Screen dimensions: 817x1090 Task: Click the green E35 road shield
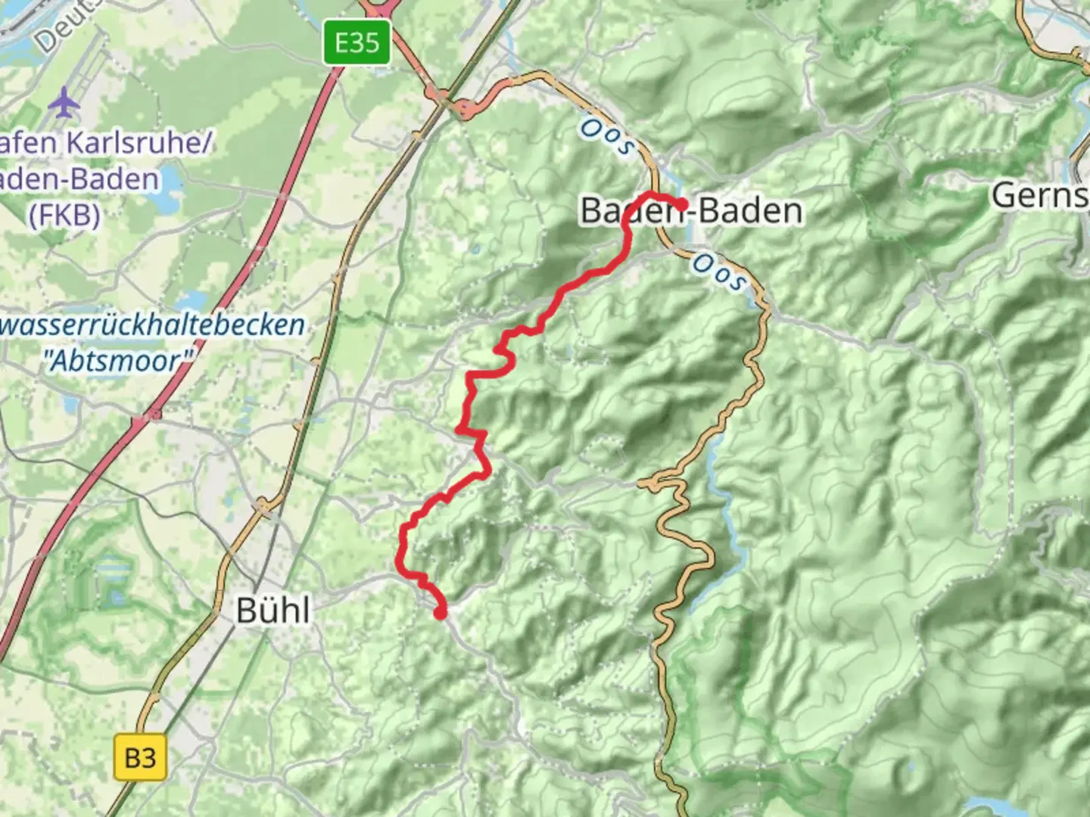[357, 42]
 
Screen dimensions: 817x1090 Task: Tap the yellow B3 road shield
[140, 757]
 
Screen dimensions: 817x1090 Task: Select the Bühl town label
[272, 610]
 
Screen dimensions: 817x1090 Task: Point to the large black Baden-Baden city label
[691, 210]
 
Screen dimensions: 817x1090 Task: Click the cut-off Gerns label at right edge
[1040, 195]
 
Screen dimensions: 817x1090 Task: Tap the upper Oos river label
[606, 137]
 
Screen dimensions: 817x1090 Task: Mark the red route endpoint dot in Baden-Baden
[681, 204]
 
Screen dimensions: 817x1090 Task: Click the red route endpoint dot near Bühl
[440, 613]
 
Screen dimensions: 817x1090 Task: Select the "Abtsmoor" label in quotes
[117, 360]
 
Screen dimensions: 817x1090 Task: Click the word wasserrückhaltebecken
[151, 325]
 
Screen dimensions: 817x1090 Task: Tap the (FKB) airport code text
[64, 216]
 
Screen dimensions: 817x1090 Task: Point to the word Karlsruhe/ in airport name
[136, 142]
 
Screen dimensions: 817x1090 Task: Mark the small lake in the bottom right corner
[984, 805]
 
